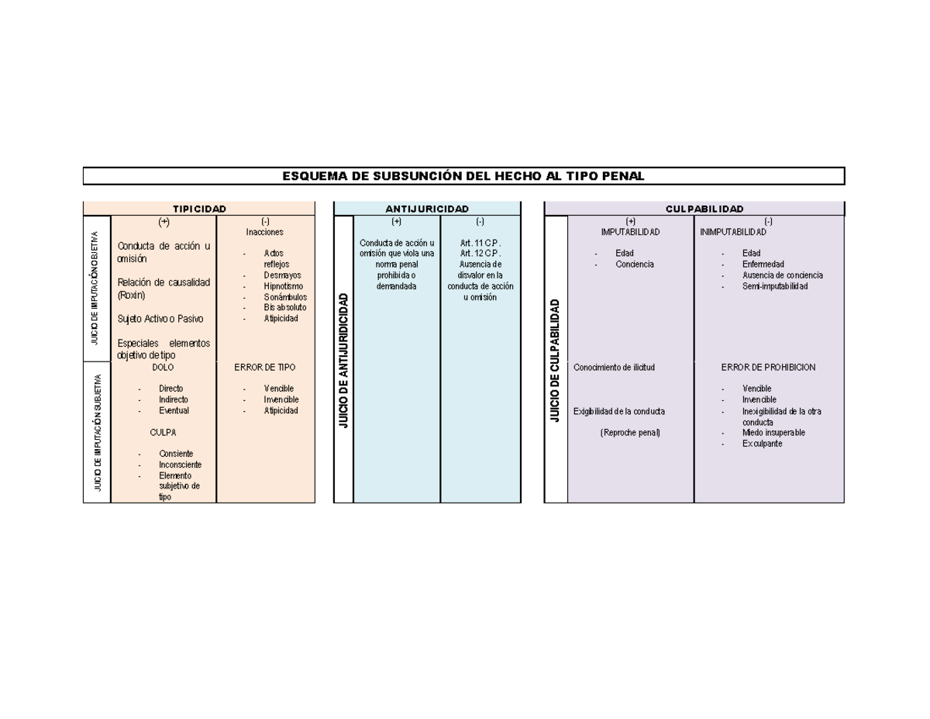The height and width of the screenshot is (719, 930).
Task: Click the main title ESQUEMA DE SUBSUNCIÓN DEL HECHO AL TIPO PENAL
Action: tap(463, 176)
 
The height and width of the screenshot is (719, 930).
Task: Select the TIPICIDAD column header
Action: tap(199, 209)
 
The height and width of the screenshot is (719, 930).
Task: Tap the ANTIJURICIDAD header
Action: tap(427, 209)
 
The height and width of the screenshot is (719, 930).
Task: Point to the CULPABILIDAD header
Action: tap(704, 209)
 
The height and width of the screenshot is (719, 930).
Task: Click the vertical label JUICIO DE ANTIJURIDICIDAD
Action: tap(343, 361)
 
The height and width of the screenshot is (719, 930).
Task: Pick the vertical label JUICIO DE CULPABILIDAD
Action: tap(555, 361)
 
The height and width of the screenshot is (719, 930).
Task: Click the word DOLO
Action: tap(163, 368)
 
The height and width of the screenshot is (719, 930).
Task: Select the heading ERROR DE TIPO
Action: tap(264, 368)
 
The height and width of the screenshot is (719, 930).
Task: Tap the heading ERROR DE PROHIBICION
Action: tap(768, 368)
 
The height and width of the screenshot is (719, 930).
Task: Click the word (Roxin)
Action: tap(131, 295)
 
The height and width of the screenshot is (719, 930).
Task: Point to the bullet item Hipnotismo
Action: tap(284, 286)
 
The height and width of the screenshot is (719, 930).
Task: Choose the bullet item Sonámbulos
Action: tap(285, 297)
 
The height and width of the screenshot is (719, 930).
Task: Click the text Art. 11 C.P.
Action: tap(480, 243)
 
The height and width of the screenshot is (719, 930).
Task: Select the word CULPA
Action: tap(163, 433)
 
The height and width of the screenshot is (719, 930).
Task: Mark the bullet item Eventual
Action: tap(174, 410)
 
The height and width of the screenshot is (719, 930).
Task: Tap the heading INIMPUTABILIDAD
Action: tap(733, 232)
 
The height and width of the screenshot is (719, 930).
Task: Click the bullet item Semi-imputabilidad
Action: tap(775, 286)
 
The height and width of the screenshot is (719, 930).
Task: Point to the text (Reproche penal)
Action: tap(630, 433)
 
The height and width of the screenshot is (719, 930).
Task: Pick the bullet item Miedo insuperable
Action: tap(773, 433)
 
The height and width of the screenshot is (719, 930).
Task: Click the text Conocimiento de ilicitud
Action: tap(614, 368)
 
